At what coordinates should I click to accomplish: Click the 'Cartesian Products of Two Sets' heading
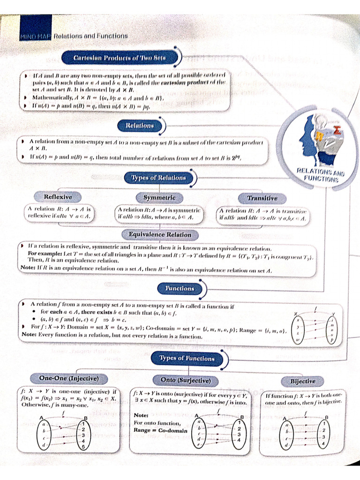120,57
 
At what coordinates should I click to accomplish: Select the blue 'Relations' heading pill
139,125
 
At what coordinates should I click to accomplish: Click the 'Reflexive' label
58,197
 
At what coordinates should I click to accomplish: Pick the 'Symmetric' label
159,198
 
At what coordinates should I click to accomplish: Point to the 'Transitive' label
262,198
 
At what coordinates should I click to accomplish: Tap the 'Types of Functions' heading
187,358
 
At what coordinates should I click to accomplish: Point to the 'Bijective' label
302,381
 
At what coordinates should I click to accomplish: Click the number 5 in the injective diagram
82,446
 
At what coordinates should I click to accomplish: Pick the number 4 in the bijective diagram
323,443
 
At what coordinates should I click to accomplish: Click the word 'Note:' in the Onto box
141,415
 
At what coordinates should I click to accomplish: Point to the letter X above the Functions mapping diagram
295,315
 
